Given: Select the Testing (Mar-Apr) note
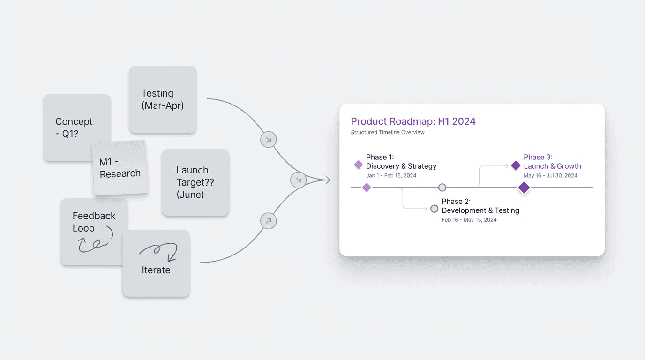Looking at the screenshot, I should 163,99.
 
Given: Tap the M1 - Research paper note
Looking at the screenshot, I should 120,168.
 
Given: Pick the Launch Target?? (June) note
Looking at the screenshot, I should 195,182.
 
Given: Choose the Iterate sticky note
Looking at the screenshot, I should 156,270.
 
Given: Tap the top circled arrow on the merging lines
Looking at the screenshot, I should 269,139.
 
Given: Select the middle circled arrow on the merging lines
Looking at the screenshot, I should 299,180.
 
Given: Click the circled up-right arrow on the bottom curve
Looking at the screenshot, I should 269,221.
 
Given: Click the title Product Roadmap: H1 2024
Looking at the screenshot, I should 413,121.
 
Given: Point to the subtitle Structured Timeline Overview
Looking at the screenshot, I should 388,132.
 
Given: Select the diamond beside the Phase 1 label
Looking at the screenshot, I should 358,165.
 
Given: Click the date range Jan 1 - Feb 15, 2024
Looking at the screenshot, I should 391,176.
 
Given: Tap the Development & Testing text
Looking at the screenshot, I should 480,210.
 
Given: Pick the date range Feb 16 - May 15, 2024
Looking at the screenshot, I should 469,220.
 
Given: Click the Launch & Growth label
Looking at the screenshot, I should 552,166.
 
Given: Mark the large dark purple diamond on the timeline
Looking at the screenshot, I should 524,188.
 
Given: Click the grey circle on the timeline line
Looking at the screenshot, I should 442,187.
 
